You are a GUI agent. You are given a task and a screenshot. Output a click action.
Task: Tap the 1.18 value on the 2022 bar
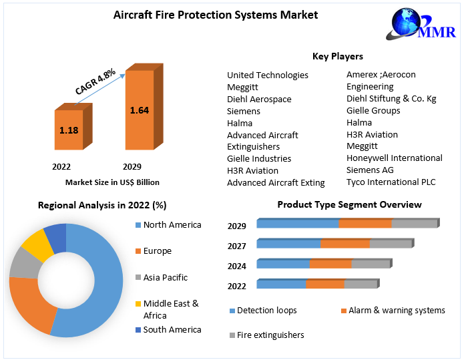point(69,130)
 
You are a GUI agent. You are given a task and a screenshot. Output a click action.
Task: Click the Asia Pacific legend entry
point(166,277)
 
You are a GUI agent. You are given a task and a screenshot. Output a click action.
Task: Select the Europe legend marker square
point(138,251)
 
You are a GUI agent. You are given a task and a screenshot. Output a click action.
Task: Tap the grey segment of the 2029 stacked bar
point(413,223)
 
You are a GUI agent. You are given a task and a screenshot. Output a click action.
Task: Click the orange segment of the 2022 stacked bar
point(325,284)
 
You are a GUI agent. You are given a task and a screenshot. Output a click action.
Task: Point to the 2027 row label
point(237,246)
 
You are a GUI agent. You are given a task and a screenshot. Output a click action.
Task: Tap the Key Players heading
point(338,56)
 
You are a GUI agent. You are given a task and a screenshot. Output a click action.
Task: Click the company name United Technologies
point(268,75)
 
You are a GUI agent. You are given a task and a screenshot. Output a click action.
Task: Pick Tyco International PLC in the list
point(391,182)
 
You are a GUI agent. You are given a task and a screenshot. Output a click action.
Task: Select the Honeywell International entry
point(394,158)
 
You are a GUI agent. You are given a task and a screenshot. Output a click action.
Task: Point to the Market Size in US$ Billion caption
point(112,182)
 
